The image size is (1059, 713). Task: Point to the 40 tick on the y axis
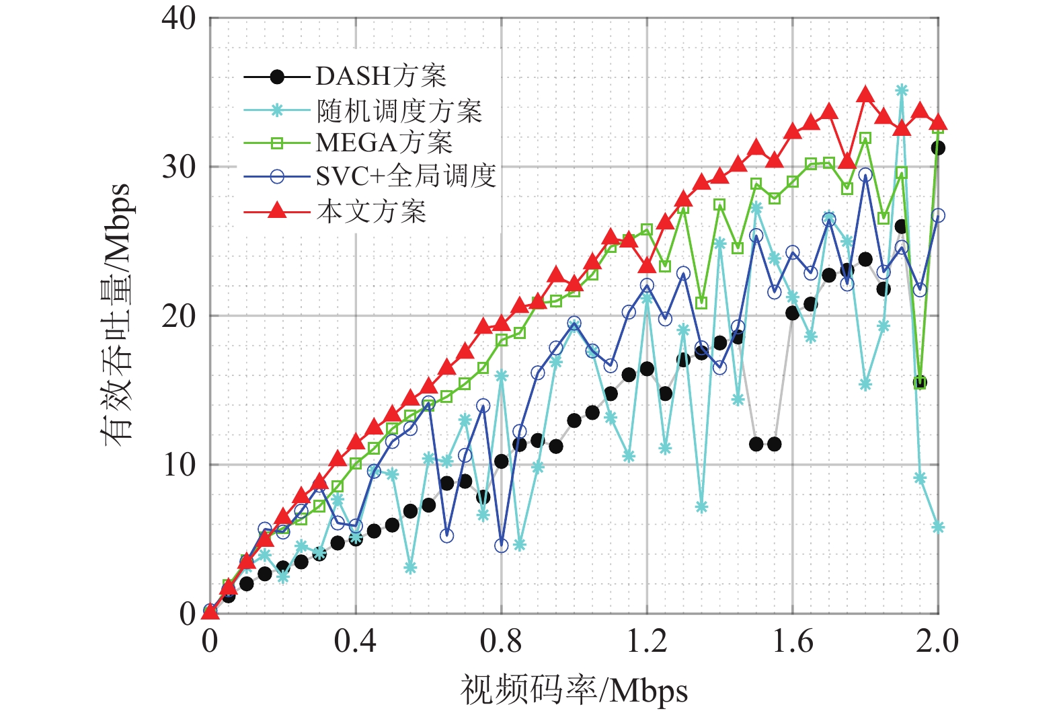[x=179, y=18]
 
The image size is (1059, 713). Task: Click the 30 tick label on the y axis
[x=179, y=167]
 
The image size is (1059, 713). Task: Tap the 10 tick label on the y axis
[x=179, y=464]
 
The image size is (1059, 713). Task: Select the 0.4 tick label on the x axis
[x=355, y=641]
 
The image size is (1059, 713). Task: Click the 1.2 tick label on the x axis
[x=647, y=641]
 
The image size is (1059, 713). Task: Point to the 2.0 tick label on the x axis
[x=937, y=641]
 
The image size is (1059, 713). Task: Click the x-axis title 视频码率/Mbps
[x=574, y=690]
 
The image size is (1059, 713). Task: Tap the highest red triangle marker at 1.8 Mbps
[x=865, y=95]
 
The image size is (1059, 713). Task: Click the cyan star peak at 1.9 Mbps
[x=902, y=90]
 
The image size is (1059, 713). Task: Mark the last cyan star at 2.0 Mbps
[x=938, y=527]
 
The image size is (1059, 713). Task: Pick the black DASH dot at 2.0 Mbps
[x=938, y=148]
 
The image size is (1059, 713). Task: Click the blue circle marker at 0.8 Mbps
[x=501, y=546]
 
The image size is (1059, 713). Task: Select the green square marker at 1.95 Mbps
[x=920, y=383]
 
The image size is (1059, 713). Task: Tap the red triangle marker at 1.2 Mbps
[x=647, y=266]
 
